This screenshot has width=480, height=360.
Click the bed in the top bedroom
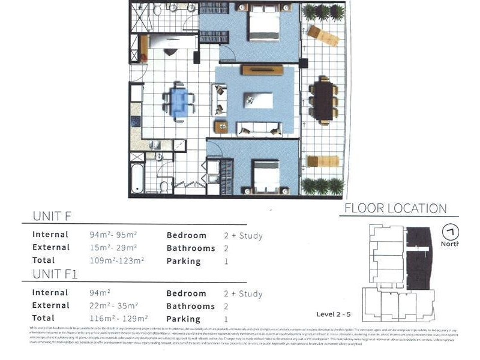coord(264,25)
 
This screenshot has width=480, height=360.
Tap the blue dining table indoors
coord(179,103)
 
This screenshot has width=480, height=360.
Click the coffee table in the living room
coord(258,100)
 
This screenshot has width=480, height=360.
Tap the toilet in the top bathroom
coord(157,10)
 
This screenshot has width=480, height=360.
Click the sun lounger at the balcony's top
coord(323,35)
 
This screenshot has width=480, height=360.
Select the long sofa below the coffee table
coord(259,128)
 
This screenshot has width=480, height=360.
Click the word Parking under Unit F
coord(183,261)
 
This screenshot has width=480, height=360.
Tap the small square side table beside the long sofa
coord(221,127)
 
